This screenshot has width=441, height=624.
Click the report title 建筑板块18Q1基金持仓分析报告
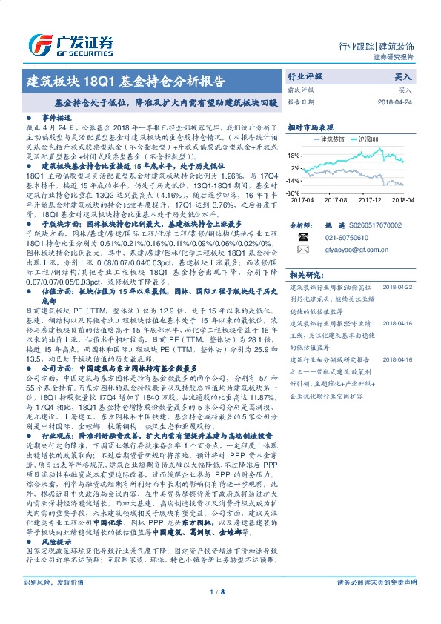point(126,80)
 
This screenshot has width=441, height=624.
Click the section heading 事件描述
point(56,118)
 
